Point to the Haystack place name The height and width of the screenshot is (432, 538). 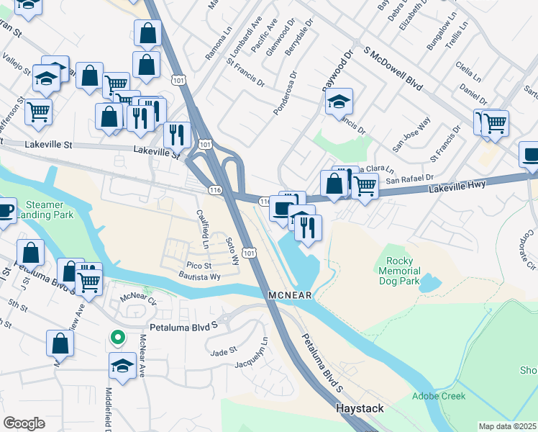(360, 408)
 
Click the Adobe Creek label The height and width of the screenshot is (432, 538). (439, 396)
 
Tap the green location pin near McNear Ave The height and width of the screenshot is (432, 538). (115, 337)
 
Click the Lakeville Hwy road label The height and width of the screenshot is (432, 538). (458, 186)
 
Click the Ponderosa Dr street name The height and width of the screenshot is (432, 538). (285, 92)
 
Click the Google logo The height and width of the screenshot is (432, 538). (24, 423)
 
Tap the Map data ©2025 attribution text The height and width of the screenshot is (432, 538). (507, 426)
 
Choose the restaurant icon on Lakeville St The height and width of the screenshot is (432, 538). (176, 134)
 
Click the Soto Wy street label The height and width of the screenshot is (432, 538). (232, 251)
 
